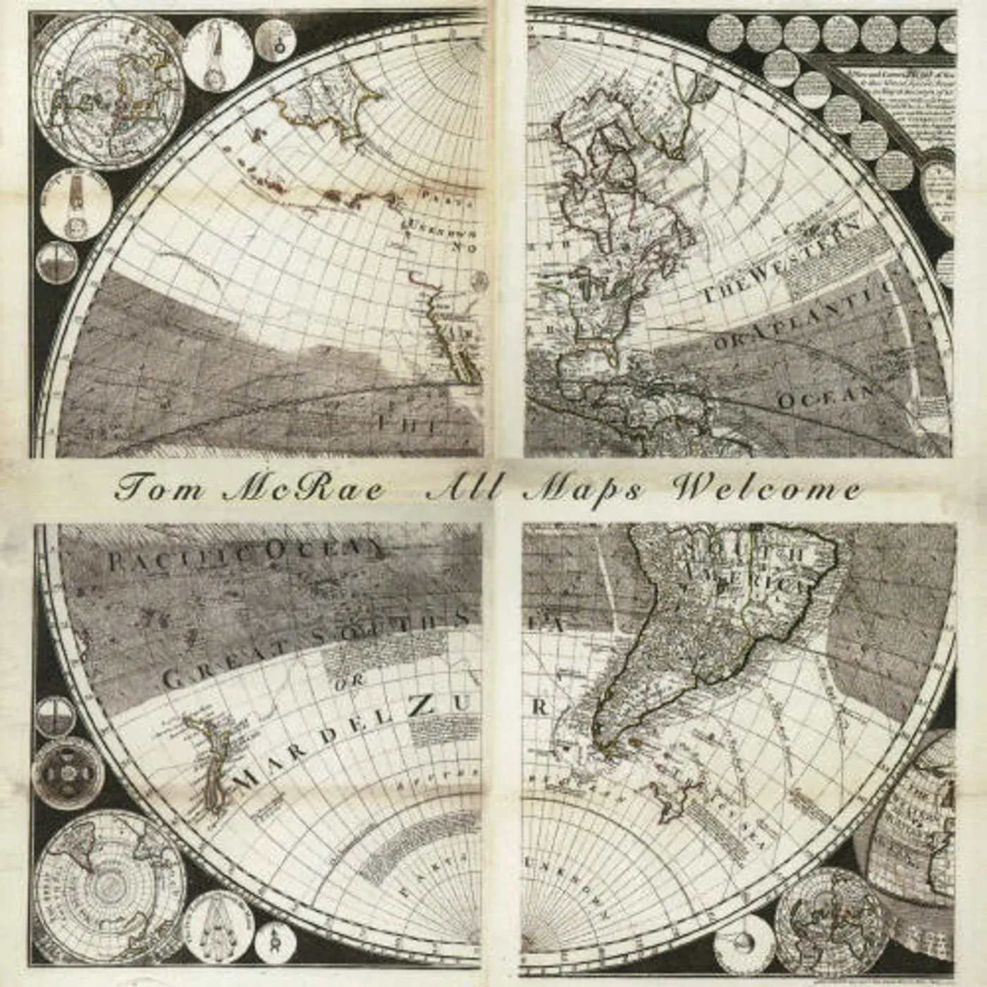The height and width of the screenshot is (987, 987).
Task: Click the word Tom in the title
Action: click(158, 488)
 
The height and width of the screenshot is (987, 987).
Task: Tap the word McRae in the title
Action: click(304, 488)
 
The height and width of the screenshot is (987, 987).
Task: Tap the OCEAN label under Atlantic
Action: click(825, 397)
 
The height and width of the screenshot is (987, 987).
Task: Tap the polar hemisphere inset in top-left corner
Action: click(109, 92)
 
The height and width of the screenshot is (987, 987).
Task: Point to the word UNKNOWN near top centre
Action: click(441, 231)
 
